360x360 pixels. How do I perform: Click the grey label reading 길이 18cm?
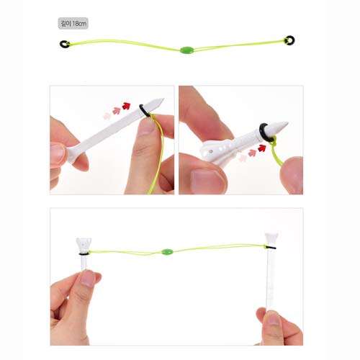point(73,23)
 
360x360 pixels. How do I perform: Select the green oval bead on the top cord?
point(186,50)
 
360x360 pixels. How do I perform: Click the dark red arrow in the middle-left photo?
point(126,106)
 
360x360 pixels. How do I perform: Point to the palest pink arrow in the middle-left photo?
point(107,116)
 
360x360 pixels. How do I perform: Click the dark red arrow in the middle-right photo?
point(262,148)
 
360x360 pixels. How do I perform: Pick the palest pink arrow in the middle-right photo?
point(243,158)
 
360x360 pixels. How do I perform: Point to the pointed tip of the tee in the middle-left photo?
point(163,99)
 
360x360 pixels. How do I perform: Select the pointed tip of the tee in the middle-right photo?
point(287,123)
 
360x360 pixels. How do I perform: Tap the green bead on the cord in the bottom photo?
point(167,252)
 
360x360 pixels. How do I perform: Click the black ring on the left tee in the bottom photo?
point(84,253)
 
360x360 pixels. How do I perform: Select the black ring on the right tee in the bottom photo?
point(271,247)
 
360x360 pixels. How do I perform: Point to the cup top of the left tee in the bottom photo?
point(84,243)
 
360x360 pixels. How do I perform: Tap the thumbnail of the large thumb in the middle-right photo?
point(208,181)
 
